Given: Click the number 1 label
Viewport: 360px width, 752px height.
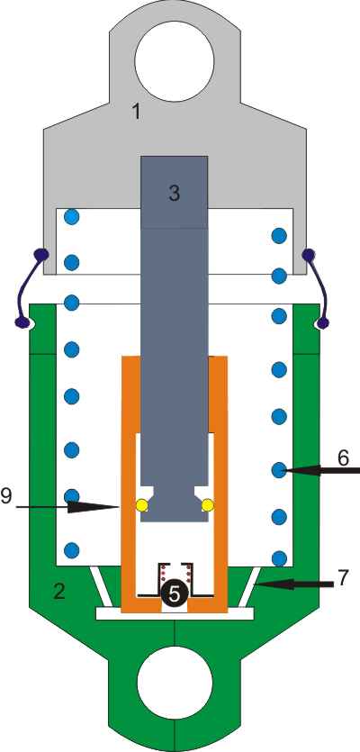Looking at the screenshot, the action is pos(137,113).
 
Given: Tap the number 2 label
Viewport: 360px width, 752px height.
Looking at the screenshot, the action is pos(58,593).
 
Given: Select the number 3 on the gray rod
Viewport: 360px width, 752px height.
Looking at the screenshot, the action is pos(174,193).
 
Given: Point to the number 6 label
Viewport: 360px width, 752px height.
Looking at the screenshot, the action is pos(343,458).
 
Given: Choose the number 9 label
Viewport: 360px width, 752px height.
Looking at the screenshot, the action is pos(6,496).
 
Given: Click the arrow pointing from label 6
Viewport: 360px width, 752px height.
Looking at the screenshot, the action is pos(320,471).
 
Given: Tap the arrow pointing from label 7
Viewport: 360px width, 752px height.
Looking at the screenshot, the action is pos(293,584).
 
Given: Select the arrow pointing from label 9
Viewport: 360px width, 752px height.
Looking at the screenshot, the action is pos(67,506).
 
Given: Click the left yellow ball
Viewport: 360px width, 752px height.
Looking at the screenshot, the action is pos(142,505).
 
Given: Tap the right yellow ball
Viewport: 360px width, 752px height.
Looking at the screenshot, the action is pos(208,505).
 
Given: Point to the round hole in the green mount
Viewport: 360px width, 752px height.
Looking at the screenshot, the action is pos(175,684).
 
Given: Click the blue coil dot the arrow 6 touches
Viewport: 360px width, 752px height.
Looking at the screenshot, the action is pos(278,470).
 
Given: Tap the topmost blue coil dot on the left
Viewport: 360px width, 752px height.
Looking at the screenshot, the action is pos(71,217).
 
